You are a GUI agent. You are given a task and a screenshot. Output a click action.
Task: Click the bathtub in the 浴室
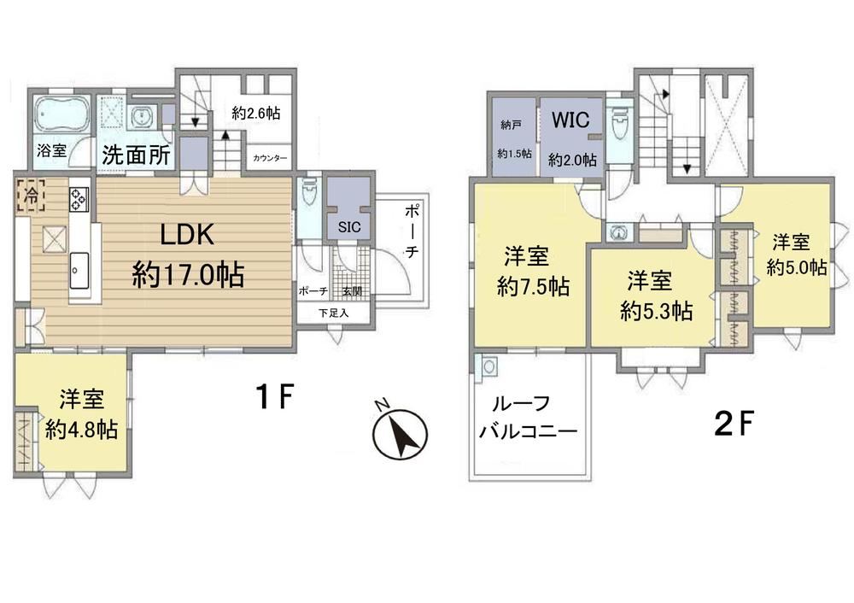tap(61, 114)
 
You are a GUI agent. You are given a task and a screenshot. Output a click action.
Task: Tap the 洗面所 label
tap(136, 155)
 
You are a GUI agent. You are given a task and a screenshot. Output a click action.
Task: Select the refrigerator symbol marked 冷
tap(32, 195)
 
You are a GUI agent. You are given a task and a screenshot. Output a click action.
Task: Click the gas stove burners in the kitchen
tap(78, 198)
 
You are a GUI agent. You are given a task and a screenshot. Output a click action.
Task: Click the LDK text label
tap(187, 235)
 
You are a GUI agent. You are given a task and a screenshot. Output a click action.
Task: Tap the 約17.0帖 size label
tap(188, 274)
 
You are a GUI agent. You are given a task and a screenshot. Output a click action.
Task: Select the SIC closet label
tap(348, 226)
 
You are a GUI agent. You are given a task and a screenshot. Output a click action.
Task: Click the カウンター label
tap(270, 159)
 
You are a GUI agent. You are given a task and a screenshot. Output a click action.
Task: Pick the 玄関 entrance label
tap(353, 291)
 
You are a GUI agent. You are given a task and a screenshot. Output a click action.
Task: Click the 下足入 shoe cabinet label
tap(333, 313)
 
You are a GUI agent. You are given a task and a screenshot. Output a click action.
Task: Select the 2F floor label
tap(733, 424)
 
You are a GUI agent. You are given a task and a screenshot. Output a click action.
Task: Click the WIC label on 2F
tap(570, 120)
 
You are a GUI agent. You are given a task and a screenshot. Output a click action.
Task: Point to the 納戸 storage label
tap(511, 126)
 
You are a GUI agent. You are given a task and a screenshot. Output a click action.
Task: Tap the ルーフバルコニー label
tap(528, 419)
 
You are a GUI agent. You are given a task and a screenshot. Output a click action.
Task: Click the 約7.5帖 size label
tap(533, 286)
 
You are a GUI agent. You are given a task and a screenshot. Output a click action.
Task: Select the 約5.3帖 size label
tap(656, 312)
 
